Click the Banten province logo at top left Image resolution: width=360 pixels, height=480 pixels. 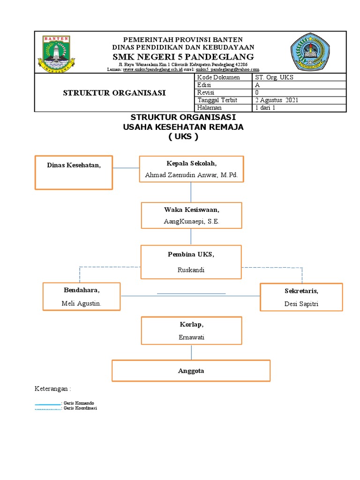click(x=56, y=52)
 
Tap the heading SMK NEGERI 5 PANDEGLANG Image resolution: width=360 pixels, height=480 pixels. click(x=183, y=57)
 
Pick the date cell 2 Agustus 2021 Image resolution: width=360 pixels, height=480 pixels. click(x=276, y=100)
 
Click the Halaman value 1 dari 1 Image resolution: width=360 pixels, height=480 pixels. click(x=265, y=108)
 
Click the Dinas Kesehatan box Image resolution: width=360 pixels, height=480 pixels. click(x=74, y=172)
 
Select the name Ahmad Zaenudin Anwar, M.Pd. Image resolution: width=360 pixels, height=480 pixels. click(x=192, y=175)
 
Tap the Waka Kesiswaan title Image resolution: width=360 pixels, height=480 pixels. click(x=192, y=210)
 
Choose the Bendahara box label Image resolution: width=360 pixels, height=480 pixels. click(x=82, y=290)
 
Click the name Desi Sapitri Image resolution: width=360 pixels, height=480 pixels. click(x=301, y=304)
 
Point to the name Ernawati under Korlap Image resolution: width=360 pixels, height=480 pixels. click(x=191, y=337)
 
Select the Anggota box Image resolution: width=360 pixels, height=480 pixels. click(x=191, y=371)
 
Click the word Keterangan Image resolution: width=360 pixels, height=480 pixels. click(x=53, y=389)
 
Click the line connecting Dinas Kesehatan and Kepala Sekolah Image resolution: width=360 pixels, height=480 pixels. click(x=126, y=168)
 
